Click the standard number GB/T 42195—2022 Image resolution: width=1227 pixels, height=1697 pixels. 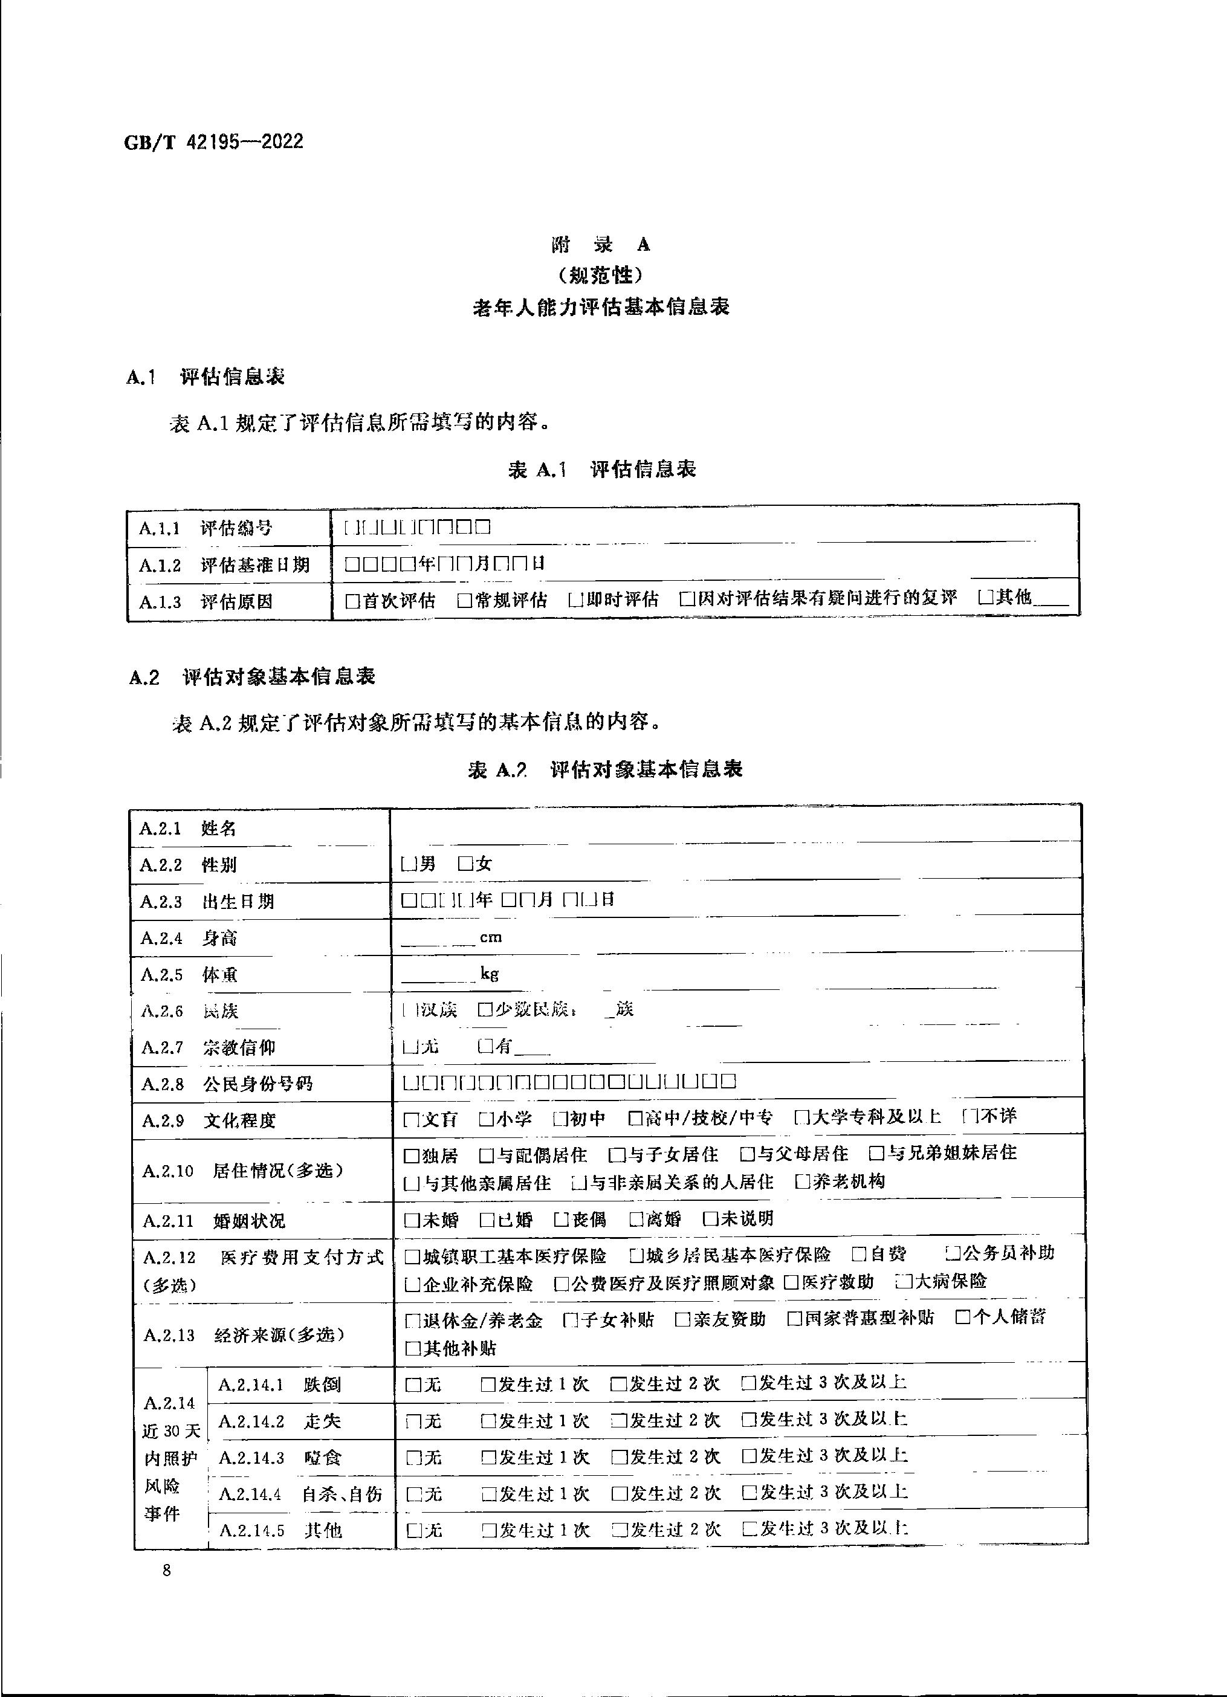coord(213,142)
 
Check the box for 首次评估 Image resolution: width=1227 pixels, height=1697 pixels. coord(352,600)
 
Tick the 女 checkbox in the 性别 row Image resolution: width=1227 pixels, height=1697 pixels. coord(465,864)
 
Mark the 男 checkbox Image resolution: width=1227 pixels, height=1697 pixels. coord(409,864)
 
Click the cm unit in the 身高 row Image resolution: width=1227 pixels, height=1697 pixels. coord(491,937)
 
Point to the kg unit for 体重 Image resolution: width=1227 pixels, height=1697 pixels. coord(490,974)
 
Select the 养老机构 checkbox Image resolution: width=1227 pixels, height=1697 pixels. coord(803,1182)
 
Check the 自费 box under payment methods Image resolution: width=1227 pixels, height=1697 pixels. coord(859,1254)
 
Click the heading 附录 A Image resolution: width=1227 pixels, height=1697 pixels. coord(601,245)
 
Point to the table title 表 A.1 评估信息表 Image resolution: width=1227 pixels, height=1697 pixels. coord(602,469)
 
